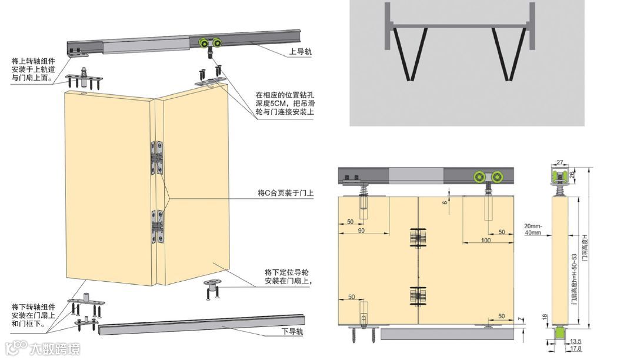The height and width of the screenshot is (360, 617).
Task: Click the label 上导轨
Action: tap(301, 52)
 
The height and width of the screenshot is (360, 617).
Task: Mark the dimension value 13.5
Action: tap(576, 341)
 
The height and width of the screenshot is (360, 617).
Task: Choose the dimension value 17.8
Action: tap(576, 349)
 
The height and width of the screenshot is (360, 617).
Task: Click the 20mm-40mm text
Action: tap(532, 229)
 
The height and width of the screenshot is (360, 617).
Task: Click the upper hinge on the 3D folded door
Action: tap(157, 157)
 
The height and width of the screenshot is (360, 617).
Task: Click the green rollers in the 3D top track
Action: tap(210, 43)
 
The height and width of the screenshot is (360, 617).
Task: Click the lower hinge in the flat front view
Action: tap(417, 296)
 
